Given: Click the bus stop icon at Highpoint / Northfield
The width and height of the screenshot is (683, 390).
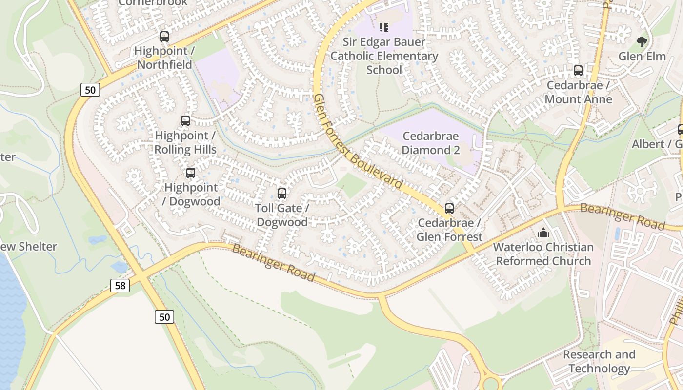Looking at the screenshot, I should (164, 36).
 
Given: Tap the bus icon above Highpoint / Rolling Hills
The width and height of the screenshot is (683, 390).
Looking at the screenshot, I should (185, 120).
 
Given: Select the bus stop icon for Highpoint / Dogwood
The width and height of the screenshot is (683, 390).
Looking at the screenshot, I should (191, 173).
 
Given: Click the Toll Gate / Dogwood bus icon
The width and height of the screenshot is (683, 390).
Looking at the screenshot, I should (282, 193).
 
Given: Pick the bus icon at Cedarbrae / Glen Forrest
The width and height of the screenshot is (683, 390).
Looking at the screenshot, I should (449, 209).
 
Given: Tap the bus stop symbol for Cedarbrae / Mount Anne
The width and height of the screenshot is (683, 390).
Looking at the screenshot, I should (578, 70).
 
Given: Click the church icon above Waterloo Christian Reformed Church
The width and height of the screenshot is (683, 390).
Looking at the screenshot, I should (543, 233).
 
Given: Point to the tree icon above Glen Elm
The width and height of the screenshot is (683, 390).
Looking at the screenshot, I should (642, 42).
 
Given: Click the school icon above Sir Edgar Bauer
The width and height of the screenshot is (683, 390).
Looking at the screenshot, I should (384, 27).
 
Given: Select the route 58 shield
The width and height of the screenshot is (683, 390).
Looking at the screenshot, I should (120, 286).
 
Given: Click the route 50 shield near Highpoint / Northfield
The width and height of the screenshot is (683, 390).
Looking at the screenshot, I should (90, 90).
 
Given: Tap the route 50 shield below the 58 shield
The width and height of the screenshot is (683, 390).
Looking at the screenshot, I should (164, 317).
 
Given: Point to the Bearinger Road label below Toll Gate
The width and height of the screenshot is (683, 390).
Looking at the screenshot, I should (273, 263).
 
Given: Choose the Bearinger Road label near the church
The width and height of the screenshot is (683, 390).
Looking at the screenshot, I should (622, 217).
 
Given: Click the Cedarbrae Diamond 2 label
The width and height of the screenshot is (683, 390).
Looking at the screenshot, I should (431, 143).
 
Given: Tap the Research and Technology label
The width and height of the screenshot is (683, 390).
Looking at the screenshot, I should (599, 361).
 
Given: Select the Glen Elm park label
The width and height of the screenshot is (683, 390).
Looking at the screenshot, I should (642, 57).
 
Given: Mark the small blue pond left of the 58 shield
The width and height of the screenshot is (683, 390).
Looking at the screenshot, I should (119, 267).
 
